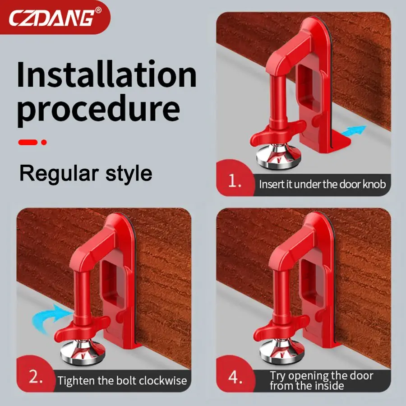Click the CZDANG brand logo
click(52, 17)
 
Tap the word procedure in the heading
click(99, 109)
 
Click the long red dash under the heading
click(28, 142)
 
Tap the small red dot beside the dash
click(44, 142)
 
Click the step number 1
click(235, 181)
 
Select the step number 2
click(36, 377)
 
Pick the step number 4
click(235, 377)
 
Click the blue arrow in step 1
click(354, 130)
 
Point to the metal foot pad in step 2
click(83, 352)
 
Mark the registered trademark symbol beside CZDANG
click(99, 10)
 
